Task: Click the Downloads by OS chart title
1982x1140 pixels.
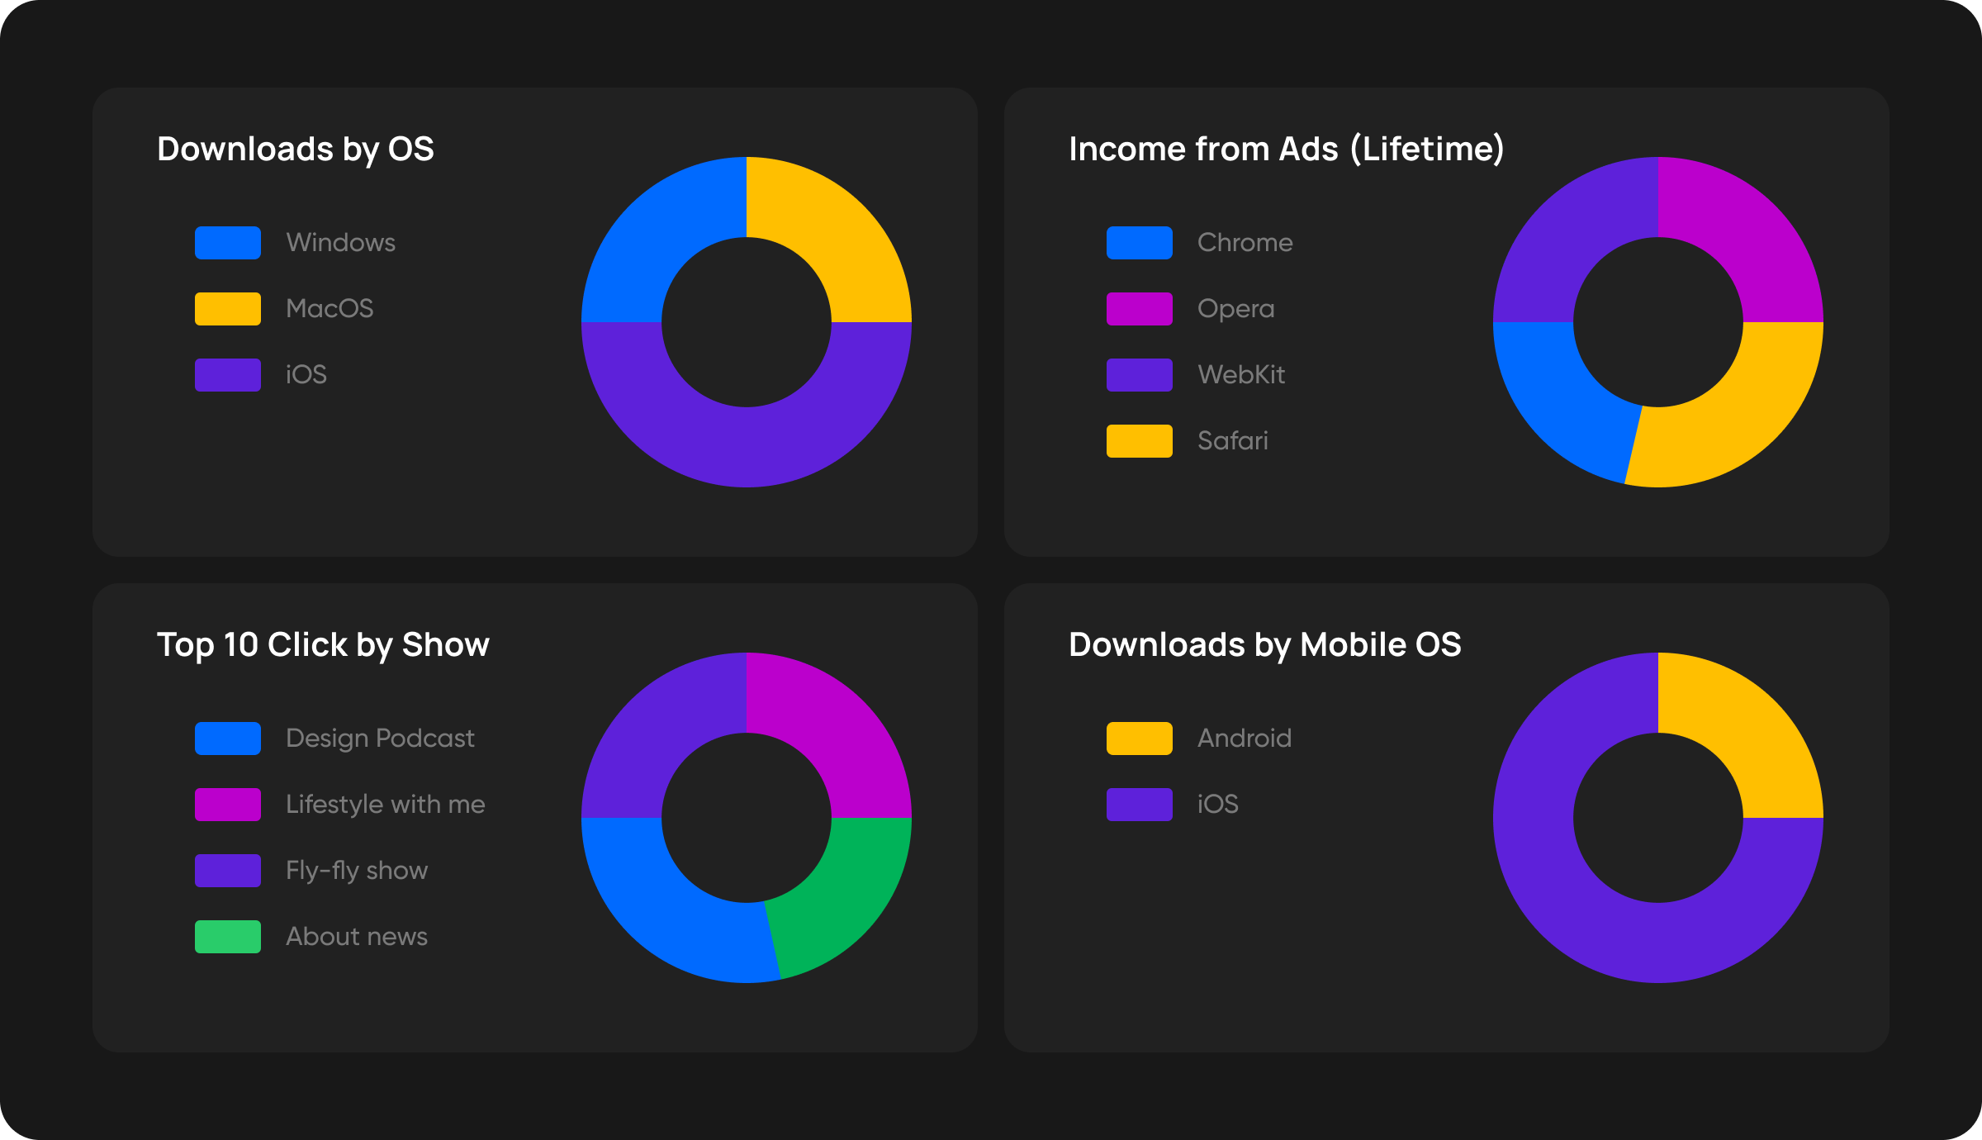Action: click(x=296, y=150)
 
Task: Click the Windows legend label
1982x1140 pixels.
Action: click(x=340, y=243)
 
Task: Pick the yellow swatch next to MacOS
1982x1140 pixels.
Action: click(x=228, y=309)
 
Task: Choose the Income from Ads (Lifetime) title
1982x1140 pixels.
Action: click(x=1286, y=150)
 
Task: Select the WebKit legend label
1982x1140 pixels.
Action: click(x=1240, y=375)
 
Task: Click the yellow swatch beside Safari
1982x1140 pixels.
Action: click(x=1139, y=441)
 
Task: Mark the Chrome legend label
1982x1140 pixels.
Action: click(x=1245, y=243)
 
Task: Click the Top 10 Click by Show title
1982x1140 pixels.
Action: click(x=323, y=645)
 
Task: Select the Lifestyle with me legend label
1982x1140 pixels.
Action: click(x=385, y=805)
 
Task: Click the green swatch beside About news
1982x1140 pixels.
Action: click(x=228, y=937)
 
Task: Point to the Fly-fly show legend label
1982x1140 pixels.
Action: click(x=356, y=871)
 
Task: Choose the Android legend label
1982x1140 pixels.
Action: click(x=1244, y=739)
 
